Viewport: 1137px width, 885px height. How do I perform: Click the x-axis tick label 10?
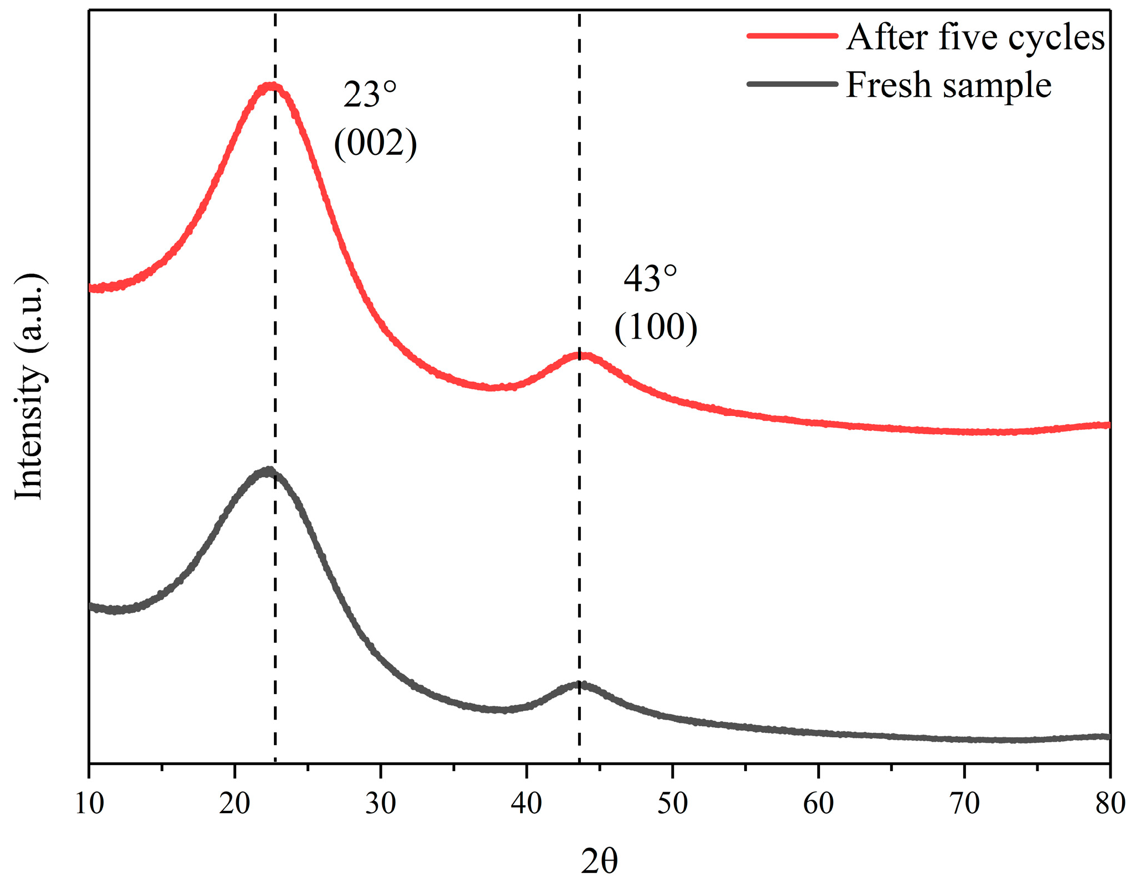click(89, 804)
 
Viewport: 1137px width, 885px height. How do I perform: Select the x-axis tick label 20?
click(235, 804)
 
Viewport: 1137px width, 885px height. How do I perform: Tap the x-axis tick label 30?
click(381, 804)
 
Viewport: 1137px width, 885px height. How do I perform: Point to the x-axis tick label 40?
click(526, 804)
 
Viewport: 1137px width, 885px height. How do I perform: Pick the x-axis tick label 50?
click(672, 804)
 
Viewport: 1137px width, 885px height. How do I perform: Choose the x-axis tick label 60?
click(818, 804)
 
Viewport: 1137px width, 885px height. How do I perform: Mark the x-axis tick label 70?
click(964, 804)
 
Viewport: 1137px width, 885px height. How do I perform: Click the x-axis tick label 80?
click(1110, 804)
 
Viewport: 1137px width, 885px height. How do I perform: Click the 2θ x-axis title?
click(599, 861)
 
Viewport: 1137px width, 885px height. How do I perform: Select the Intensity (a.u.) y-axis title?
click(30, 387)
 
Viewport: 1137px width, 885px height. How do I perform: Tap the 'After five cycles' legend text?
click(975, 38)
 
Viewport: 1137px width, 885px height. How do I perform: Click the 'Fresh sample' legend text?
click(948, 85)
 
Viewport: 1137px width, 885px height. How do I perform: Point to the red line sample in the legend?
click(792, 35)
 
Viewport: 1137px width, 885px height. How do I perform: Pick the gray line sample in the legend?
click(792, 84)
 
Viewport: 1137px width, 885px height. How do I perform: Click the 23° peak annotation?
click(370, 95)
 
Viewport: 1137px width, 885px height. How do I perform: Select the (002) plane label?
click(375, 144)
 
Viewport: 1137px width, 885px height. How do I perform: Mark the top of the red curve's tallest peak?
click(271, 86)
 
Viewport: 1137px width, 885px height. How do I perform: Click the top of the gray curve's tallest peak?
click(268, 471)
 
